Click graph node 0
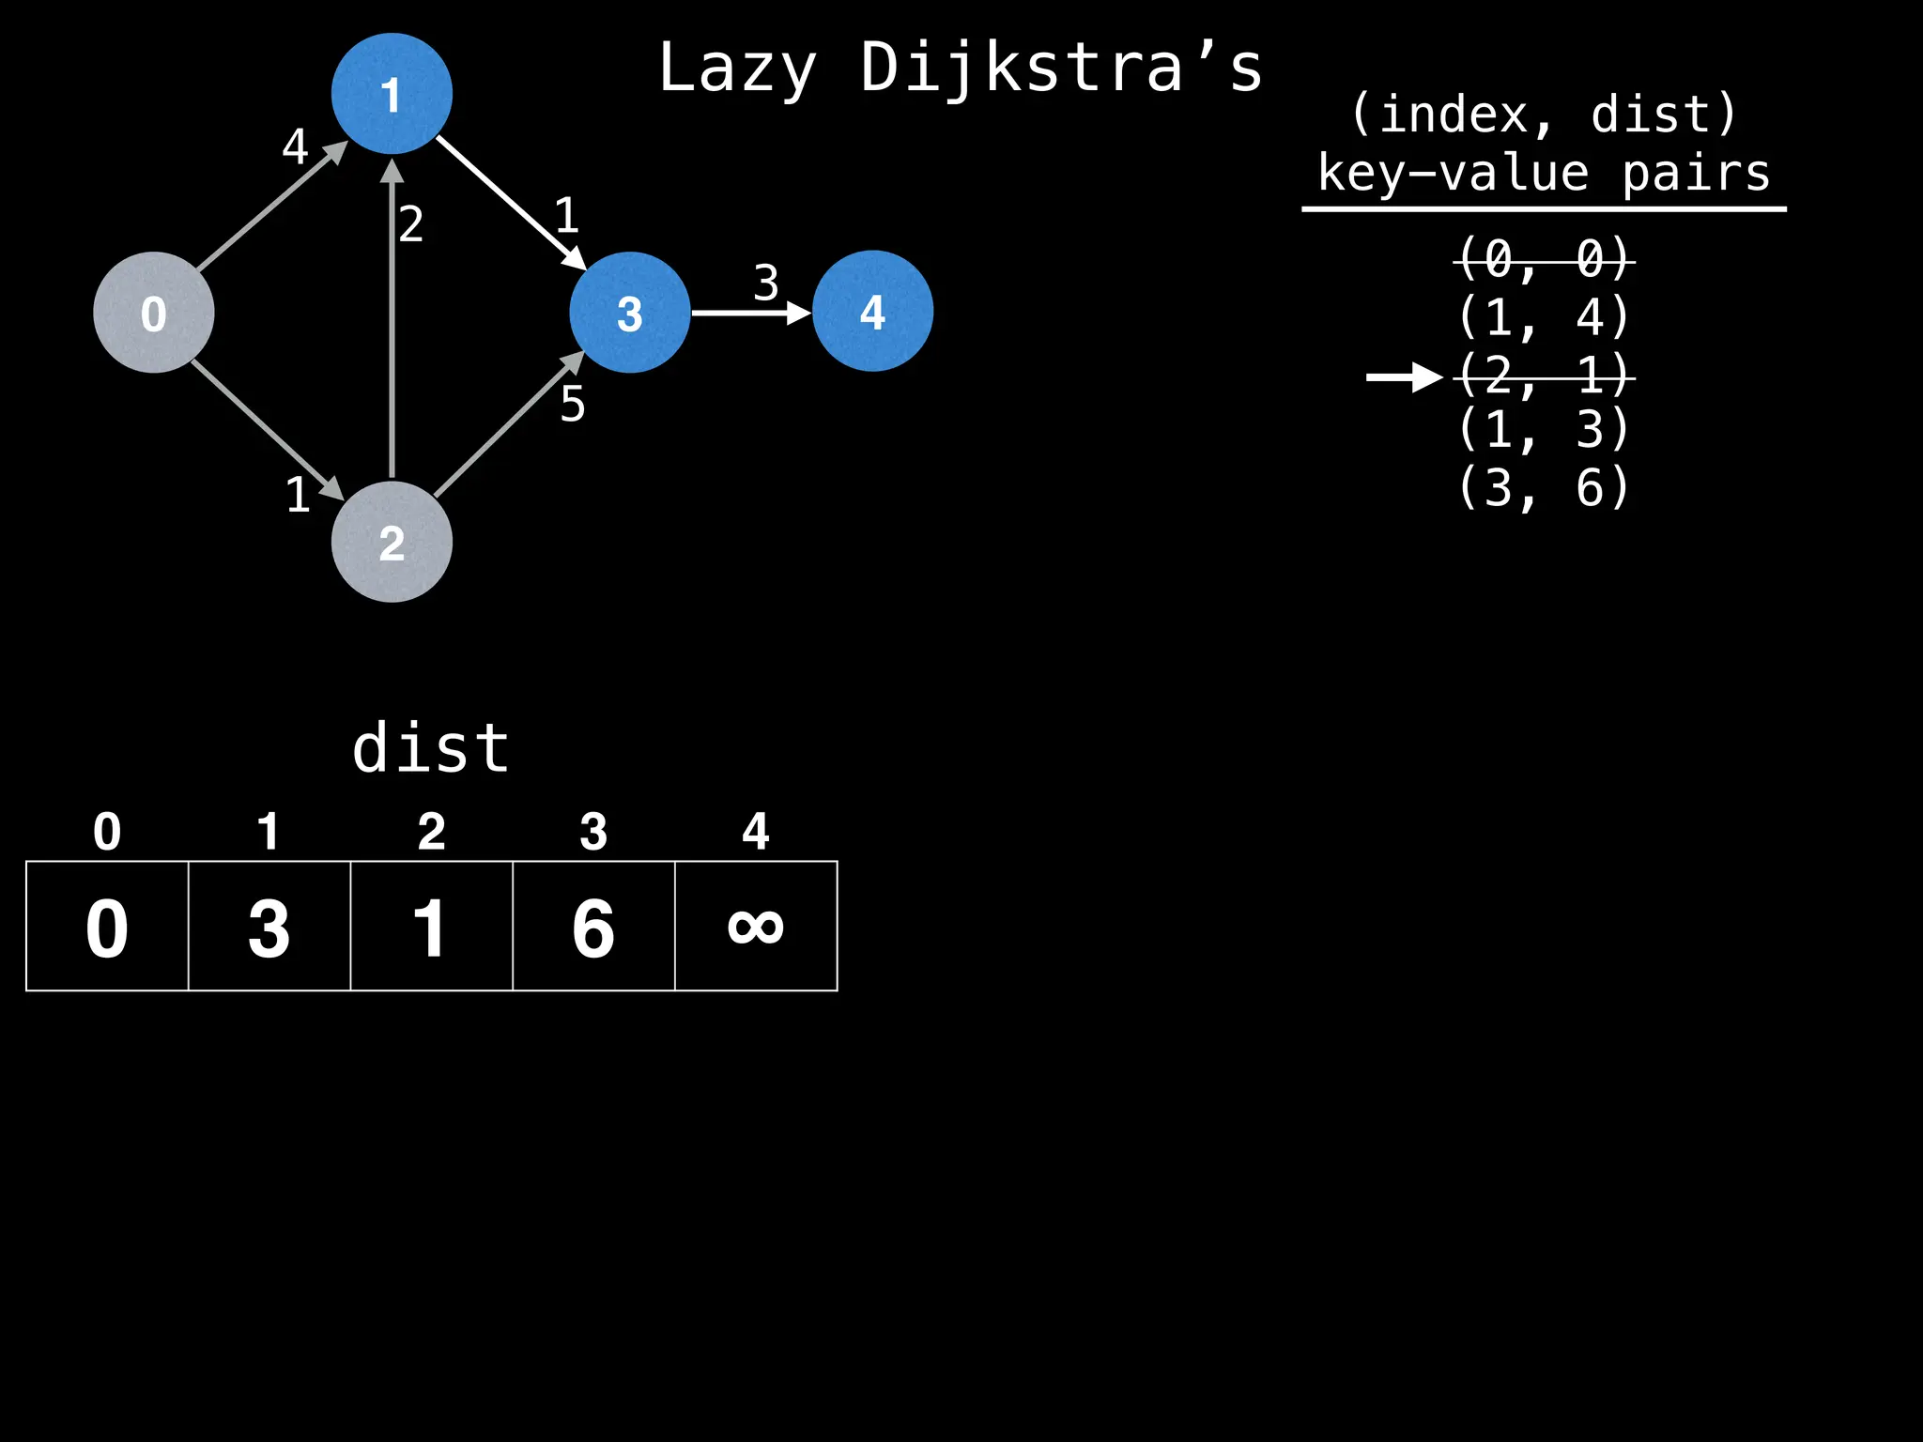pyautogui.click(x=154, y=313)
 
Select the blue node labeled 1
pyautogui.click(x=392, y=94)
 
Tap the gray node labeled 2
pyautogui.click(x=392, y=542)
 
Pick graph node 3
pyautogui.click(x=629, y=313)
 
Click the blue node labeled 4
pyautogui.click(x=872, y=311)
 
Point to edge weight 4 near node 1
pyautogui.click(x=295, y=147)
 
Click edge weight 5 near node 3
pyautogui.click(x=573, y=405)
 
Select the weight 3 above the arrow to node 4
pyautogui.click(x=766, y=283)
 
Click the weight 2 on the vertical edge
pyautogui.click(x=411, y=224)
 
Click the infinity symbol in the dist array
pyautogui.click(x=756, y=927)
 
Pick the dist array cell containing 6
pyautogui.click(x=593, y=927)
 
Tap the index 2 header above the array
pyautogui.click(x=431, y=832)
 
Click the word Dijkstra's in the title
pyautogui.click(x=1061, y=69)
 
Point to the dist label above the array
pyautogui.click(x=431, y=749)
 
